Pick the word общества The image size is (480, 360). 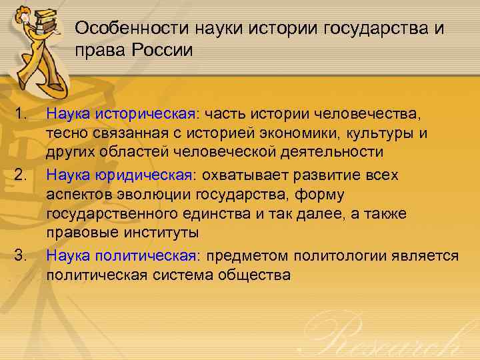point(256,274)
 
